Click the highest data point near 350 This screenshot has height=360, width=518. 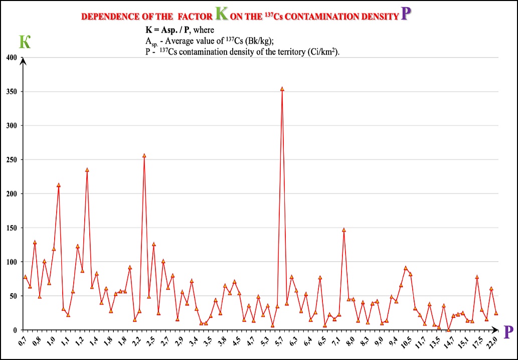coord(282,89)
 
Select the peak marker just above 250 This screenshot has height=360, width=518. coord(144,155)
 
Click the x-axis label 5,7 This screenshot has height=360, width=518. coord(280,342)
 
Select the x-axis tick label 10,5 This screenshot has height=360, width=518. coord(409,343)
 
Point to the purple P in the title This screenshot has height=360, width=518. coord(406,14)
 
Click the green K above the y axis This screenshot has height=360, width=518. coord(24,42)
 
